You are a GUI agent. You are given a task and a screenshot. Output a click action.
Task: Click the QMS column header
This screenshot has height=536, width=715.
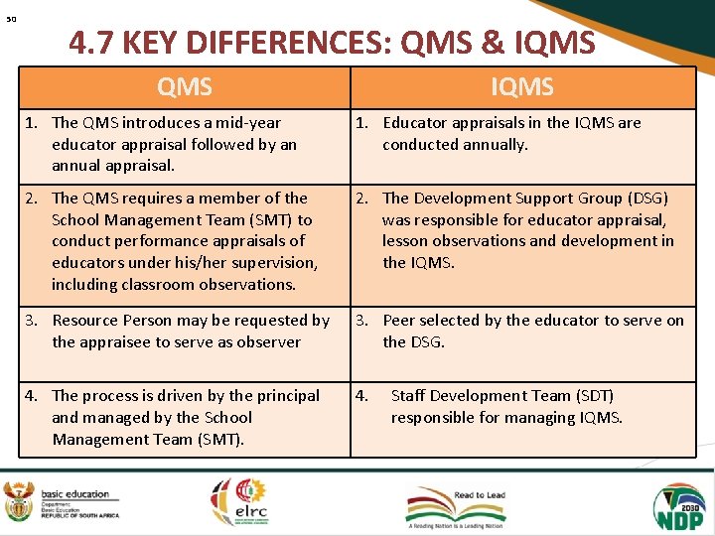[x=185, y=87]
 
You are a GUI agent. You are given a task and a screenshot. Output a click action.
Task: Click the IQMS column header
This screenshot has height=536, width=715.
[x=522, y=87]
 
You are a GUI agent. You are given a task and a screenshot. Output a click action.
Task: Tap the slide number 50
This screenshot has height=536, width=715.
[x=10, y=19]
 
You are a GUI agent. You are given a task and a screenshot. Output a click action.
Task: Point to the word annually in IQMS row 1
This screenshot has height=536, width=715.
[x=492, y=144]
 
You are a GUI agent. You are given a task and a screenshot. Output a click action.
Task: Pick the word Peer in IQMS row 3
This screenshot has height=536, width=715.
[x=399, y=321]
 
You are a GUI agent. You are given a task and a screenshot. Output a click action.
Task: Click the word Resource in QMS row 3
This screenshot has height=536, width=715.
[x=85, y=321]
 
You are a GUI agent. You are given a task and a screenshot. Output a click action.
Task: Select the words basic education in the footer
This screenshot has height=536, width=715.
[x=75, y=494]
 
